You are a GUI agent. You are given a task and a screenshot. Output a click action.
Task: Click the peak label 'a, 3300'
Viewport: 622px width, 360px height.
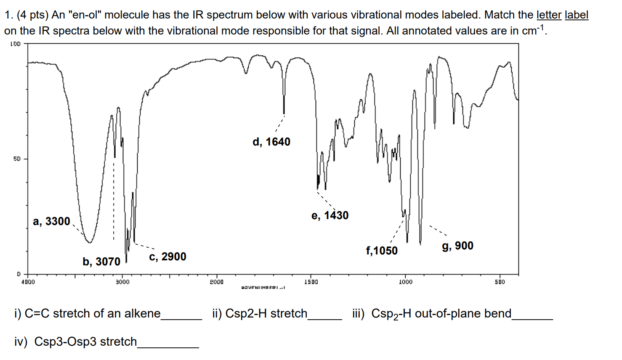click(51, 221)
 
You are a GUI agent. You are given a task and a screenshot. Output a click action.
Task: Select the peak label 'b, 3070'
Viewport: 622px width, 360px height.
click(101, 262)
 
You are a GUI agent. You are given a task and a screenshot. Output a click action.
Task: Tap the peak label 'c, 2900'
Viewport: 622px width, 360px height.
click(167, 257)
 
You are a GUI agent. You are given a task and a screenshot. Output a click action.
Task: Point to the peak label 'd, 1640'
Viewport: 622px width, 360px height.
click(271, 142)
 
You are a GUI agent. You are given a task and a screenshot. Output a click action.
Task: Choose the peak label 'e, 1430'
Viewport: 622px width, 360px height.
click(330, 215)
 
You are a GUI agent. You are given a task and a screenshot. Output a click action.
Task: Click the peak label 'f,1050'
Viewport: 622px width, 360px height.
click(381, 251)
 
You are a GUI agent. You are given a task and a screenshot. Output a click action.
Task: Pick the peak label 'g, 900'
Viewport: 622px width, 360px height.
click(457, 246)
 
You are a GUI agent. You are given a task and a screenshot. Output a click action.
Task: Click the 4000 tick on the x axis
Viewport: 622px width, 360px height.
click(28, 282)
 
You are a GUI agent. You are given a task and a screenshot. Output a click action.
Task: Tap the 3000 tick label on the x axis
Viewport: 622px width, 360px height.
click(122, 282)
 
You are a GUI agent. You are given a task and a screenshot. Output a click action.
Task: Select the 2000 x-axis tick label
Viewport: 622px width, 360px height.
click(217, 282)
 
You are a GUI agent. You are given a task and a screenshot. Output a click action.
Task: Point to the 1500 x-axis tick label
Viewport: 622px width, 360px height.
click(311, 282)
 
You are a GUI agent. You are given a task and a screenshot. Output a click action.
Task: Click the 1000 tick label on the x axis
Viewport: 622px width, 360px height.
click(406, 282)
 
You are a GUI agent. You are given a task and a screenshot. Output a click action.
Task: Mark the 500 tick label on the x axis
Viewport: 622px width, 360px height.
click(500, 282)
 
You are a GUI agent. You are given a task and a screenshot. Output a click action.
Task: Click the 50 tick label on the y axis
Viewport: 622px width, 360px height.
click(17, 159)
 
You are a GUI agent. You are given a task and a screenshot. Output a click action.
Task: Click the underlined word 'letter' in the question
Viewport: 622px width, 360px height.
click(549, 15)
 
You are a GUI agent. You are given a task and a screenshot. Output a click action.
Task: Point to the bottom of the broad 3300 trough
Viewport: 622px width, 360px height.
click(89, 242)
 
